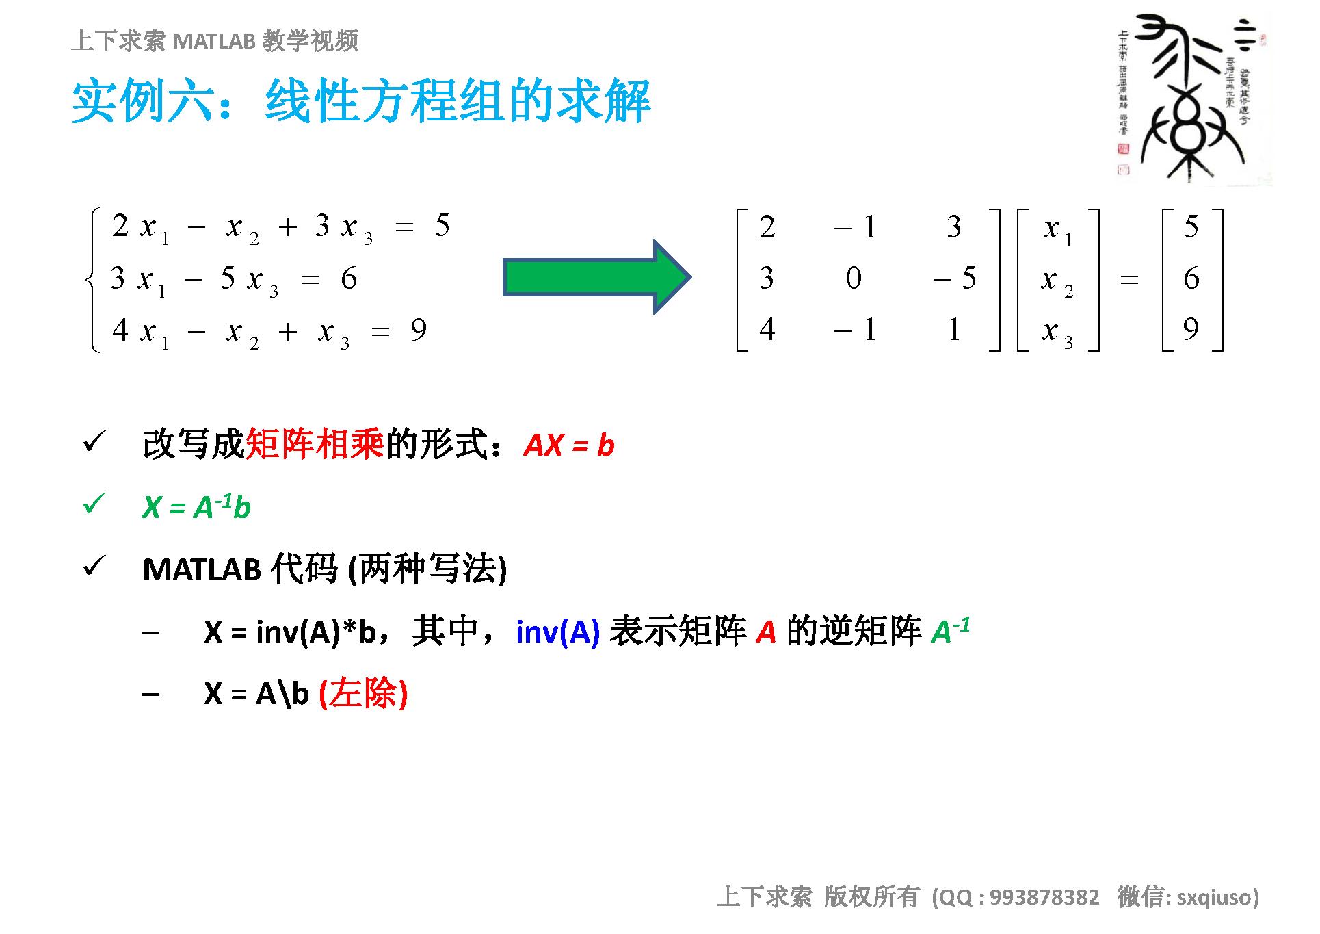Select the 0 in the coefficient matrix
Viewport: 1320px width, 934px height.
click(853, 278)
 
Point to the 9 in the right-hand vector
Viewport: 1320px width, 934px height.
click(1191, 330)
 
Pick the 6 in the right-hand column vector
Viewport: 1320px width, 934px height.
click(1191, 278)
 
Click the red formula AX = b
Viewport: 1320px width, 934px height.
click(569, 445)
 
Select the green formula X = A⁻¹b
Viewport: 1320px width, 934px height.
click(196, 507)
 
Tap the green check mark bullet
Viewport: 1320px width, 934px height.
click(93, 504)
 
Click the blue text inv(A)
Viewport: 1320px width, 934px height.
click(557, 632)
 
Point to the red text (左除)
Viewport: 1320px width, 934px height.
click(363, 694)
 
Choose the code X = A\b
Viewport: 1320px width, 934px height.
click(256, 694)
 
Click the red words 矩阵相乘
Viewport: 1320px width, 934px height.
click(315, 445)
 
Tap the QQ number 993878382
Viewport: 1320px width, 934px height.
click(1044, 897)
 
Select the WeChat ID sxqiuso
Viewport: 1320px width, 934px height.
click(1214, 897)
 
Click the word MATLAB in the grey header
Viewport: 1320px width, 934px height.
click(214, 42)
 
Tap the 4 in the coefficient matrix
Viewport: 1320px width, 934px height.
click(767, 330)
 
